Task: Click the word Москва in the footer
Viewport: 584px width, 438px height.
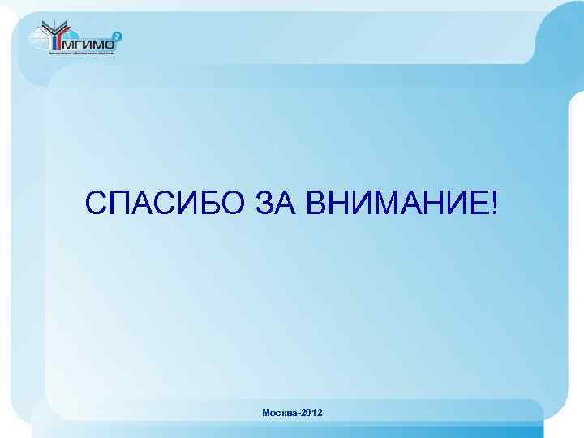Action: pos(280,414)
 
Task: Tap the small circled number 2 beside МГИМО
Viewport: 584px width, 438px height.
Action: pos(118,36)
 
